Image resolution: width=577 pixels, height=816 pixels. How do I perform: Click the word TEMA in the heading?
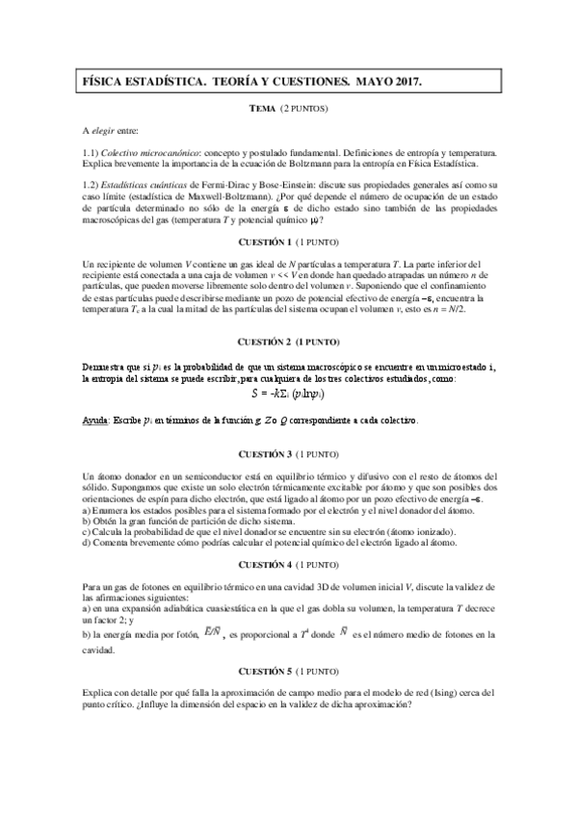(x=262, y=109)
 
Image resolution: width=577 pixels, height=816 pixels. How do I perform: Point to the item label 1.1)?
(x=92, y=152)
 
